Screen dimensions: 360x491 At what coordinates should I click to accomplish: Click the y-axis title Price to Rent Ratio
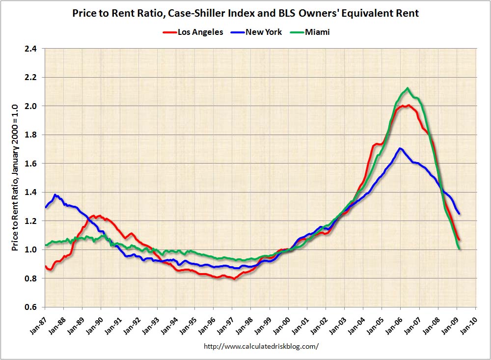[15, 177]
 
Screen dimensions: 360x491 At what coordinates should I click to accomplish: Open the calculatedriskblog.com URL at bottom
[261, 346]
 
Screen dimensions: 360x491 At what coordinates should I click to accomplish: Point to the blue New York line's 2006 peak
[400, 148]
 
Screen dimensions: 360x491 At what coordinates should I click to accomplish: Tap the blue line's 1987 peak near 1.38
[55, 195]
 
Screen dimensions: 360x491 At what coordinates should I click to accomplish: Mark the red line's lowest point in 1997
[235, 279]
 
